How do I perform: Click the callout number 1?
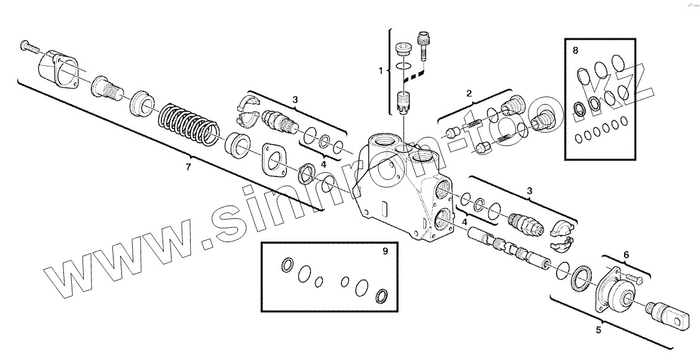pos(380,71)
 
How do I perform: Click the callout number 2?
pos(469,93)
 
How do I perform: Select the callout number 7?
pos(188,167)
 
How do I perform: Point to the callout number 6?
pos(626,255)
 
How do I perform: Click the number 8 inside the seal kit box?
pos(576,51)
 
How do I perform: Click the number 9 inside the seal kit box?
pos(385,251)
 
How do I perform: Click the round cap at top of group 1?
pos(405,47)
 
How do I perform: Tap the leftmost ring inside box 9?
pos(287,264)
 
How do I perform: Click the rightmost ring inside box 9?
pos(381,295)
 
